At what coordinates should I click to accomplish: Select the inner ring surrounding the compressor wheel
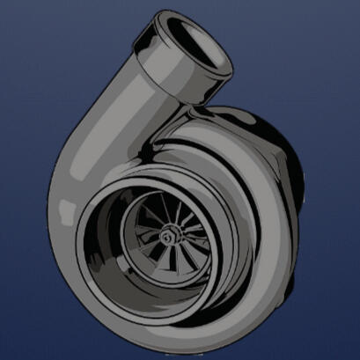(132, 264)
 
